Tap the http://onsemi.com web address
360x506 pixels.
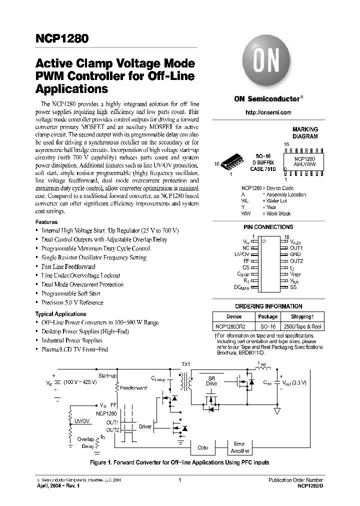(268, 112)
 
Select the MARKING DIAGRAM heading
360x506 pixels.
(305, 132)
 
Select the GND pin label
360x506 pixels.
(295, 254)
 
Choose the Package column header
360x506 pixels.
(268, 316)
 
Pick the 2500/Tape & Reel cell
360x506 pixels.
(302, 325)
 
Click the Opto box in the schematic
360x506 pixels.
(202, 447)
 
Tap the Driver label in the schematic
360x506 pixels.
(145, 426)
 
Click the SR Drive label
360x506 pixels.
(211, 381)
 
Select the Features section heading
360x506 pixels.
(46, 222)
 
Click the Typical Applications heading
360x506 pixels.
(60, 314)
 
